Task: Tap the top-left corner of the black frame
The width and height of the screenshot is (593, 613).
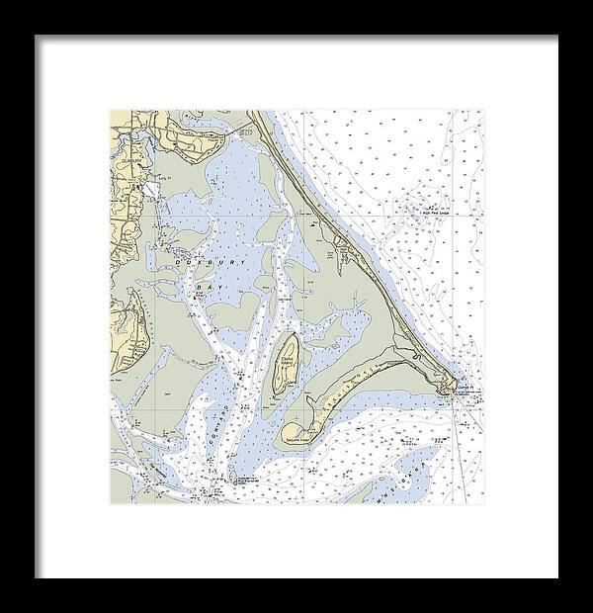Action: click(37, 37)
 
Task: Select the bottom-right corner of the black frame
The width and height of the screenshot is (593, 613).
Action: click(556, 576)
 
